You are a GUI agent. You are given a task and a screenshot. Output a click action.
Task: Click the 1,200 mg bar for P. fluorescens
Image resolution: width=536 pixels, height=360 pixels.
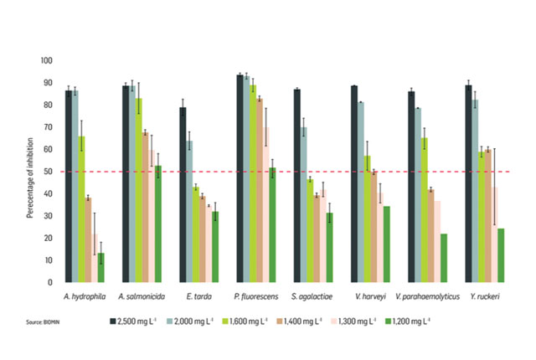pos(271,225)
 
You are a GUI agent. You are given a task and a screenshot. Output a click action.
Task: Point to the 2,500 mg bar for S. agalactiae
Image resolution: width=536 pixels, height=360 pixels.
pos(297,186)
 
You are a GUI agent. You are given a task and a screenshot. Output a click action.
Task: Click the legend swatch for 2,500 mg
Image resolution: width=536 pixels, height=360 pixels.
pos(112,321)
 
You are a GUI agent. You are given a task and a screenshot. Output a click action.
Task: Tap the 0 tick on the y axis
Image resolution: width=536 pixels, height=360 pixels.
pos(51,283)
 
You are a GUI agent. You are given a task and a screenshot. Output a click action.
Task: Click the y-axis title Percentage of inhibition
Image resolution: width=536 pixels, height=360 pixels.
pos(28,172)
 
